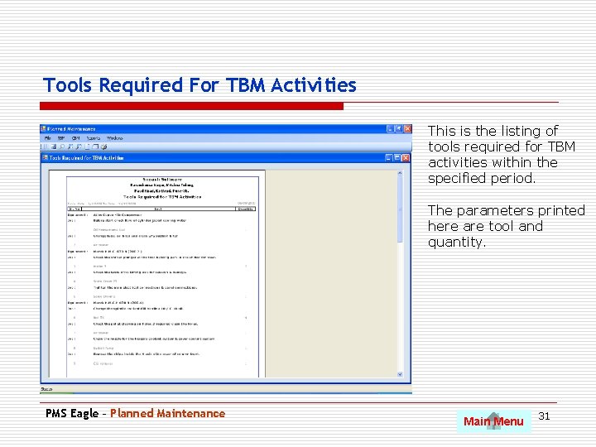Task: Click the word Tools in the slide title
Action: pos(68,85)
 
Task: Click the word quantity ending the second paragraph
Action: pos(455,242)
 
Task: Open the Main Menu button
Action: pos(493,421)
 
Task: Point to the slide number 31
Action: pos(545,416)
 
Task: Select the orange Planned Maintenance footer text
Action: pos(167,413)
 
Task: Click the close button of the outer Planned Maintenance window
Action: pos(406,129)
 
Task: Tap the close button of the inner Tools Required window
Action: pos(406,157)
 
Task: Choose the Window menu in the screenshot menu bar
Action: pos(115,138)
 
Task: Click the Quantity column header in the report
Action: pos(246,209)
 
